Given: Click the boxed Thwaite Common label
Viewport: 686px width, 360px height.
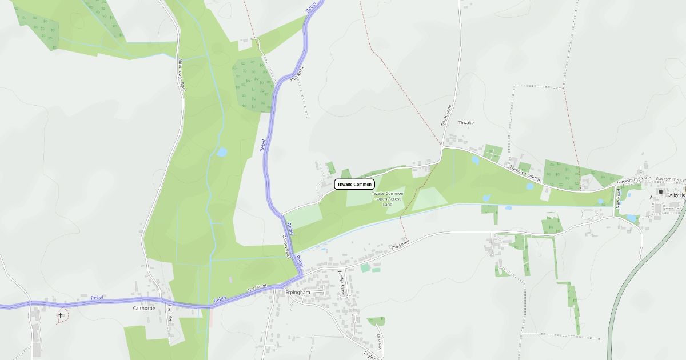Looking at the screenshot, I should [x=354, y=184].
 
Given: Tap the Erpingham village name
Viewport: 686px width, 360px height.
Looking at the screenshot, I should [x=297, y=293].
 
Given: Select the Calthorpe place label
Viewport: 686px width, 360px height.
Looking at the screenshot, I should [x=144, y=308].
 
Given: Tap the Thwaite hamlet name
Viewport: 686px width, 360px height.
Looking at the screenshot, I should [x=466, y=123].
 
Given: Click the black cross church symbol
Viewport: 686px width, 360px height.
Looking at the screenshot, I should [x=60, y=314].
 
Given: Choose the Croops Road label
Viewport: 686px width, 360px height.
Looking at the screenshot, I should [x=286, y=246].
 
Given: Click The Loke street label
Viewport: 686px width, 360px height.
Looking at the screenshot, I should [x=169, y=313].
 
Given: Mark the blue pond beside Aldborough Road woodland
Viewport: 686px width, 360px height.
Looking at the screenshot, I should [x=221, y=153].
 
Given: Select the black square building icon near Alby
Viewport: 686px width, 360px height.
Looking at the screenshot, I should [x=661, y=192].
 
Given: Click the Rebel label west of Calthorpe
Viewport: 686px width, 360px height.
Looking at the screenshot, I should [x=97, y=298].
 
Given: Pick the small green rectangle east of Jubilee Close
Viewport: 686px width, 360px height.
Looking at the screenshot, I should [x=365, y=267].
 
